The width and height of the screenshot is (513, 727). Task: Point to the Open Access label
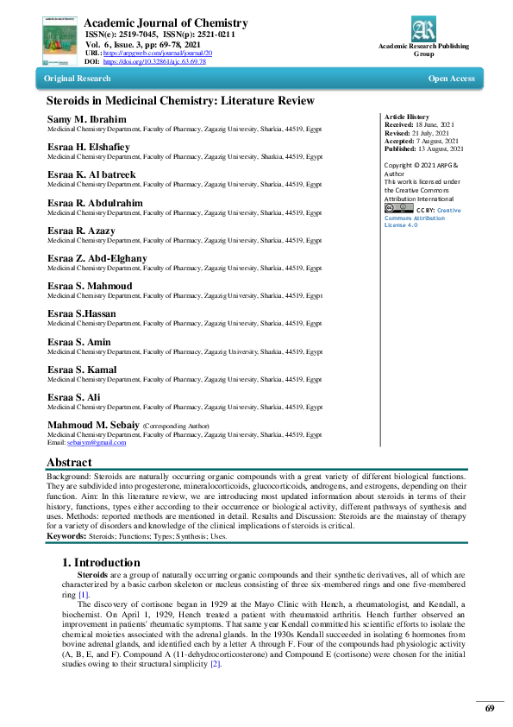tap(451, 79)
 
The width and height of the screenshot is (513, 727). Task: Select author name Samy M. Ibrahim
tap(86, 118)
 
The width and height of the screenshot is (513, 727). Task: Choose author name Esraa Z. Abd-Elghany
tap(97, 258)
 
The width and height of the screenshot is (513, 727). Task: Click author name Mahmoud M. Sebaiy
tap(93, 425)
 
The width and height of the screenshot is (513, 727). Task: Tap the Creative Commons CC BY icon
tap(393, 208)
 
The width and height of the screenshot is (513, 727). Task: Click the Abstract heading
tap(68, 463)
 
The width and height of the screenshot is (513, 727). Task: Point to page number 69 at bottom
tap(489, 708)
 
